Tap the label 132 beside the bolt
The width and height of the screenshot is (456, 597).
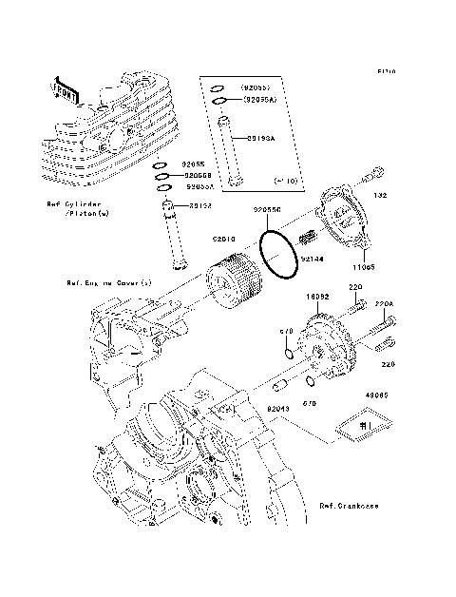[x=380, y=196]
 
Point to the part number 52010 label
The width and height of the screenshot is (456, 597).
[x=224, y=241]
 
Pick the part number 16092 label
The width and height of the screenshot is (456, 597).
[x=316, y=298]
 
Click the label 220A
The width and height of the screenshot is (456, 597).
[x=384, y=304]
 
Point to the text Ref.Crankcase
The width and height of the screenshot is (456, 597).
[x=349, y=506]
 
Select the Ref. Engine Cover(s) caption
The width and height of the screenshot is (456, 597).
[x=109, y=282]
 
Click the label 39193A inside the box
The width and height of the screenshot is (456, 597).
[x=261, y=138]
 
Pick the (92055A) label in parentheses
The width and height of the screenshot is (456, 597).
[x=260, y=99]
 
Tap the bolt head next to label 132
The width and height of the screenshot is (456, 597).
[x=378, y=173]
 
